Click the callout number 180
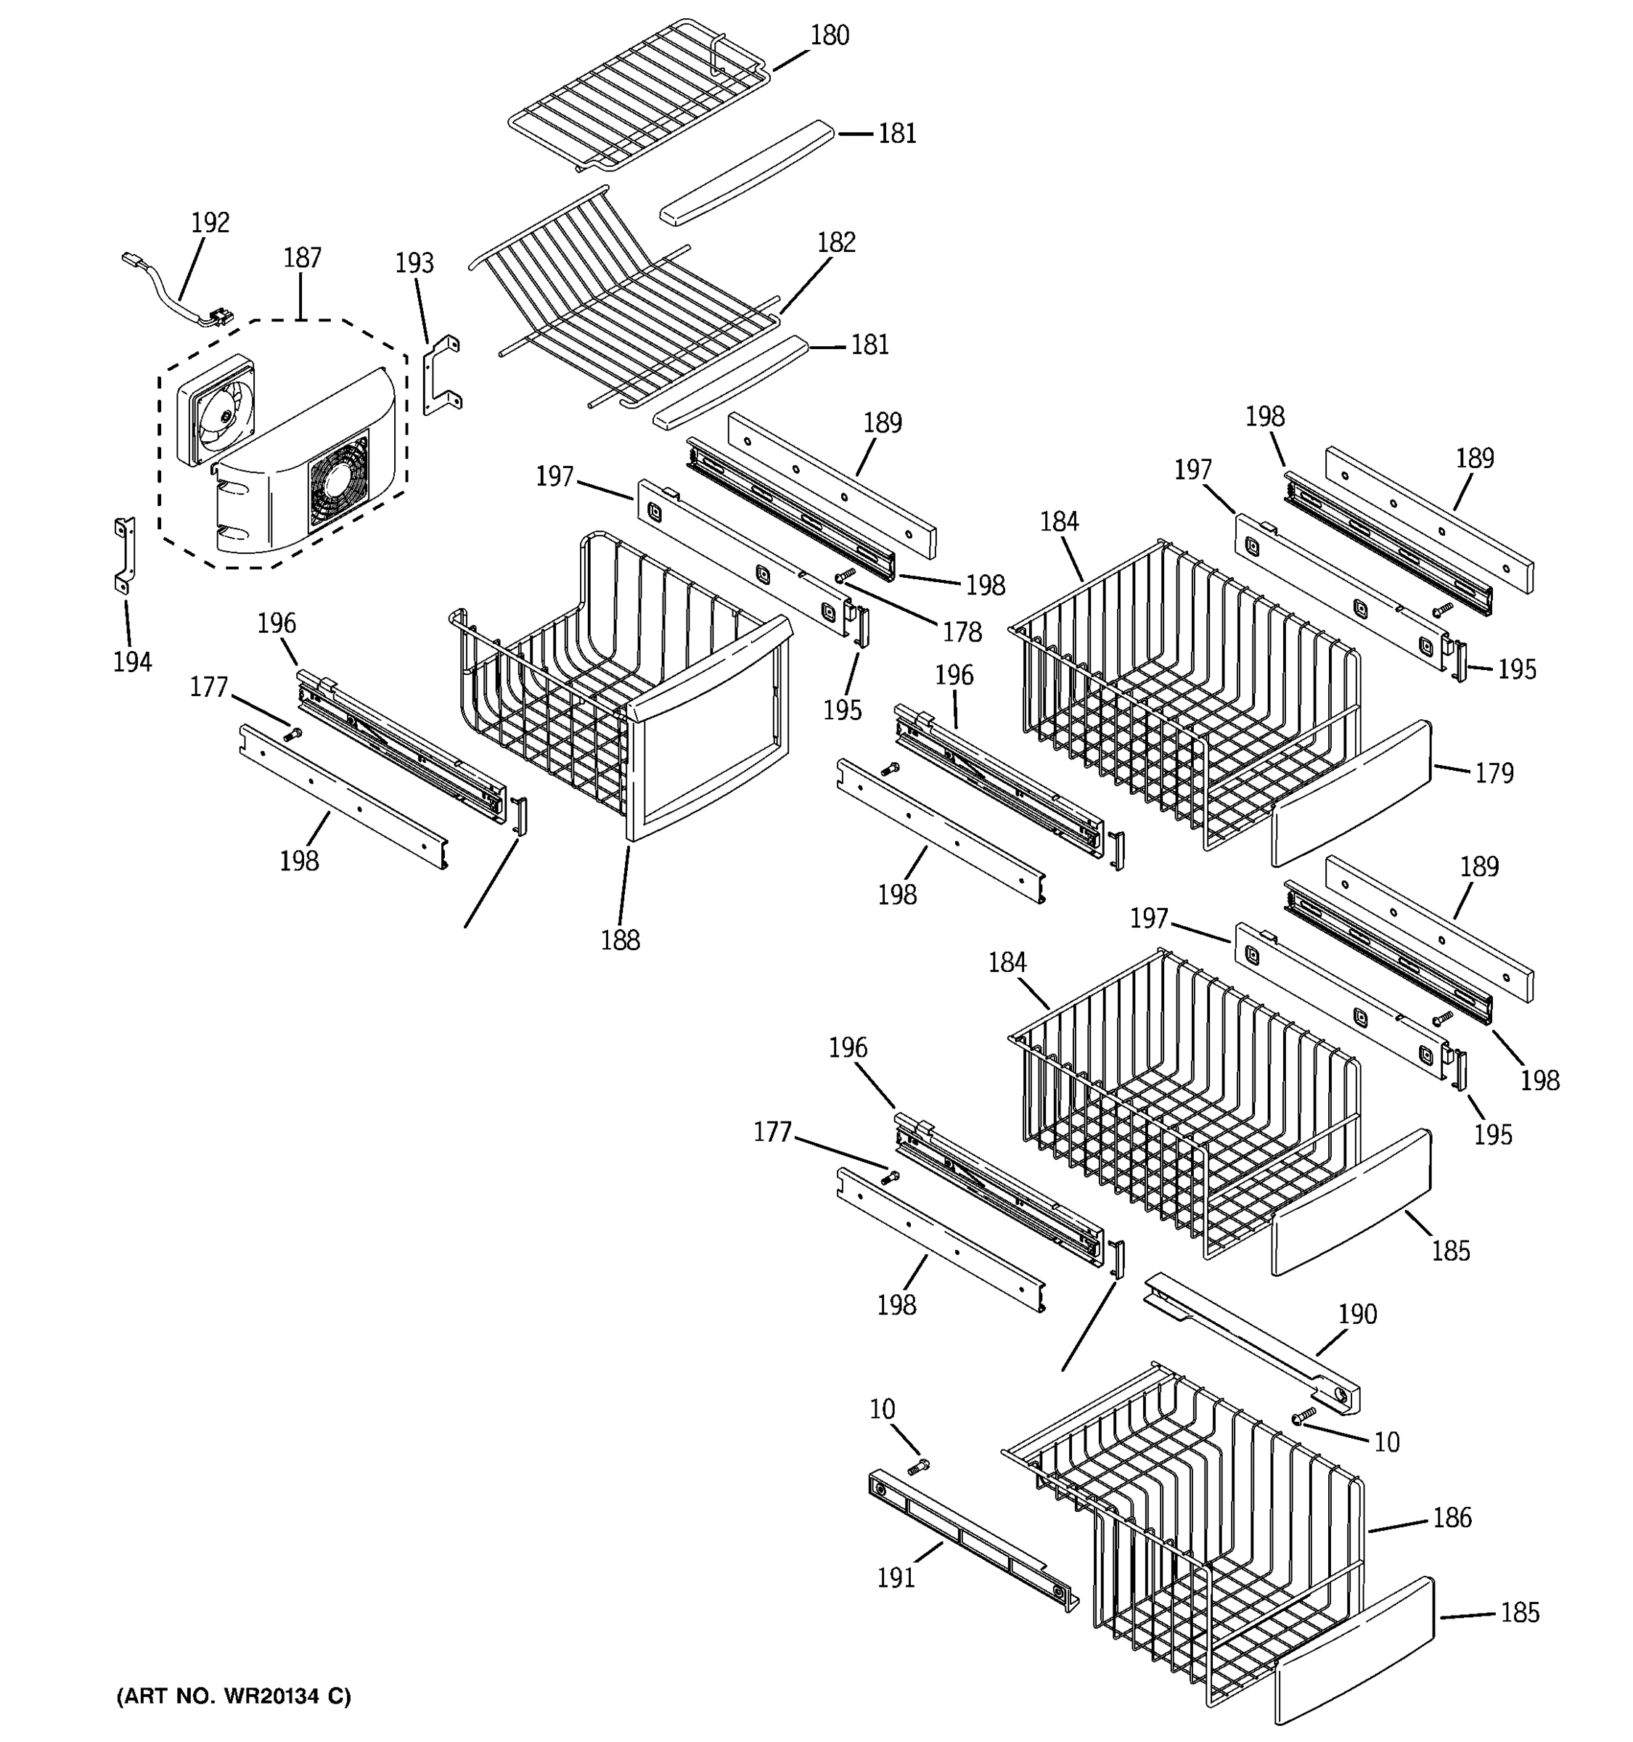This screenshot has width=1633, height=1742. point(829,36)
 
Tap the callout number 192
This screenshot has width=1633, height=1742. point(210,224)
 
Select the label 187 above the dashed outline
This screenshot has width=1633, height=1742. point(302,258)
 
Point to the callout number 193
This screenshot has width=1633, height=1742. point(414,263)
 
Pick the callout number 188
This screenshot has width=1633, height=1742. point(621,940)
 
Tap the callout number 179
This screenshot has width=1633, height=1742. point(1494,773)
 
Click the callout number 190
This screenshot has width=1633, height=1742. point(1357,1314)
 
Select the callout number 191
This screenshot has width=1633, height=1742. point(896,1577)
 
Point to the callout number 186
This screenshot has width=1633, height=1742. point(1452,1518)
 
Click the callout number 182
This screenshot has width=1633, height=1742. point(836,242)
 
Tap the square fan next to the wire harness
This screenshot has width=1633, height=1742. point(215,410)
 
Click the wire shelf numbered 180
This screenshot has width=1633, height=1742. point(639,97)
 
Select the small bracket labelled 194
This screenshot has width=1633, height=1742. point(124,555)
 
